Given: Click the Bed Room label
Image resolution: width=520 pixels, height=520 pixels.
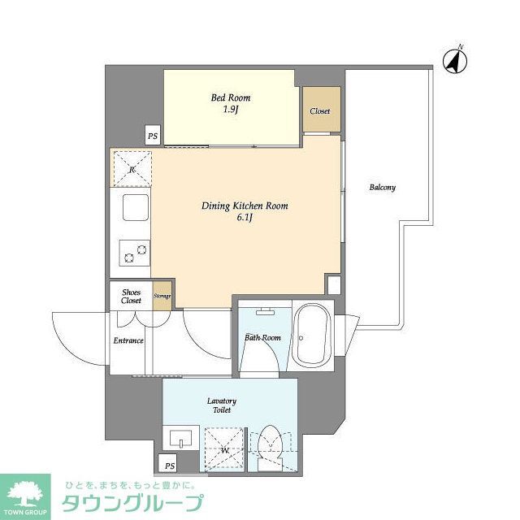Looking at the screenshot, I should pos(231,97).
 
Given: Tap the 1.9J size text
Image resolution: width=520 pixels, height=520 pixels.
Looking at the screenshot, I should pos(231,110).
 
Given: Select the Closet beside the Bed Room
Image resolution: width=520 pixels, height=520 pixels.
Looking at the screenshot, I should pos(320,111).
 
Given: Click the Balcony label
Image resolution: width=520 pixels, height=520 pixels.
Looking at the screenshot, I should pos(382,188).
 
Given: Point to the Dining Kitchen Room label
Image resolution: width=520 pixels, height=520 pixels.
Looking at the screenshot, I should pos(245,206).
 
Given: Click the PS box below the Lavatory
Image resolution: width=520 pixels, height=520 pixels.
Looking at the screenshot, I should pos(170,466).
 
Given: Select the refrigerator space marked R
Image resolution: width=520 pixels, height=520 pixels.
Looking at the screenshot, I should pos(131,168).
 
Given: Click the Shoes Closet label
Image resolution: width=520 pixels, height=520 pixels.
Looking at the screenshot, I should pos(131,296).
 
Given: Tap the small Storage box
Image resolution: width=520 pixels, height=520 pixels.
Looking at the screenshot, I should pos(162,297).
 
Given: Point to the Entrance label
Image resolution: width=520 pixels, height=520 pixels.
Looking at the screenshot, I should pos(128,340).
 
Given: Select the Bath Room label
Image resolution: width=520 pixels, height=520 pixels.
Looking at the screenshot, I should pos(262,337).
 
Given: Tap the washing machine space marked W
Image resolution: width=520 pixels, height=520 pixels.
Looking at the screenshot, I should pos(223,448).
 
